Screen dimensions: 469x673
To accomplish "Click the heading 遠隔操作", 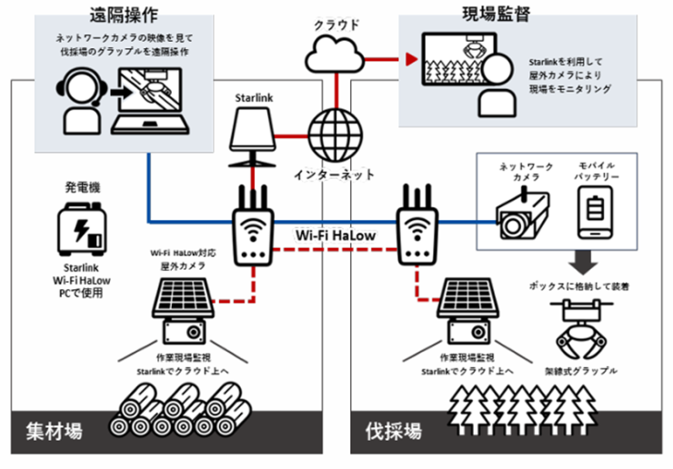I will click(125, 16).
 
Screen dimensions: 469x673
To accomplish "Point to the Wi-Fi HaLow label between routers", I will click(336, 234).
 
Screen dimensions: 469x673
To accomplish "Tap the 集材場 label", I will click(53, 430).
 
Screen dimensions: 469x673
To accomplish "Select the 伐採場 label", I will click(392, 430).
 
